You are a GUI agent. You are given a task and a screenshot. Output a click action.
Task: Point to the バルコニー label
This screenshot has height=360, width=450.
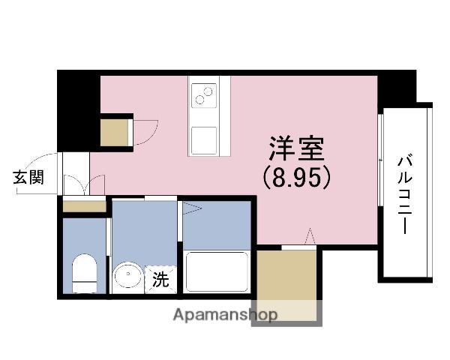click(x=406, y=193)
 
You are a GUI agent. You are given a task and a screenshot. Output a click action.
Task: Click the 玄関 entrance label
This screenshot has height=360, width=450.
click(x=28, y=178)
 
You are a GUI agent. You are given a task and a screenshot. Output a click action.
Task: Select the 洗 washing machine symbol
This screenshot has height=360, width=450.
click(x=161, y=280)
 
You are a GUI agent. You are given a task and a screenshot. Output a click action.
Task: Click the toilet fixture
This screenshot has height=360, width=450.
click(x=84, y=273)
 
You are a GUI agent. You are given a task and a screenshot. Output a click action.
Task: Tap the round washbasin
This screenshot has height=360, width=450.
click(x=127, y=277)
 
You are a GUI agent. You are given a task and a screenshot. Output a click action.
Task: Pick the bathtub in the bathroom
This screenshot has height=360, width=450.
click(x=216, y=271)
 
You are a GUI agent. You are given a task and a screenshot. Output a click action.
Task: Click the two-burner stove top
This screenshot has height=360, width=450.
click(x=205, y=96)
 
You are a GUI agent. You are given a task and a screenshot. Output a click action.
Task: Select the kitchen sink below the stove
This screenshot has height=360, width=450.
click(x=204, y=139)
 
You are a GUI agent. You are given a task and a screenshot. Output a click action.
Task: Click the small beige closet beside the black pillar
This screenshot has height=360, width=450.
click(x=115, y=132)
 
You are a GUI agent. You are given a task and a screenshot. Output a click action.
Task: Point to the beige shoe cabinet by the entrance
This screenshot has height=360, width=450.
click(x=84, y=205)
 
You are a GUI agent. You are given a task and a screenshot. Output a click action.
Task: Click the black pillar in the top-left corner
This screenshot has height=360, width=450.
click(x=78, y=109)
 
